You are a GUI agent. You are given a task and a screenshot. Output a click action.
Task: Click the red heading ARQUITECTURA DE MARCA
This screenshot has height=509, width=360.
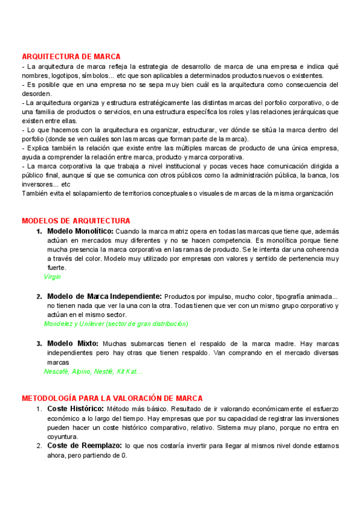coord(71,56)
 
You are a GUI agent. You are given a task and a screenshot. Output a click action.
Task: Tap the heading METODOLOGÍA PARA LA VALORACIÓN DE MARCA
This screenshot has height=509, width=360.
coord(112,398)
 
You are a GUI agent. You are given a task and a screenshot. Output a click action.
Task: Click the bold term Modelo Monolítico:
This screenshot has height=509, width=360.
coord(80,231)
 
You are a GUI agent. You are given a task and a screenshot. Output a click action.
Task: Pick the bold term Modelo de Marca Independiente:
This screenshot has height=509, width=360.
coord(104,297)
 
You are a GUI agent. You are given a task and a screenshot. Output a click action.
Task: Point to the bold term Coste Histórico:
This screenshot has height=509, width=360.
coord(75,409)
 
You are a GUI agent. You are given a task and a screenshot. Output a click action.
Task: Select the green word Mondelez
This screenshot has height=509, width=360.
coord(59,324)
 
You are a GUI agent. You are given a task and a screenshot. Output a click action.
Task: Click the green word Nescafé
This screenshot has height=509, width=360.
coord(56,372)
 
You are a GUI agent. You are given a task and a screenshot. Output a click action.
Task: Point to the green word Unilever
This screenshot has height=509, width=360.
coord(91,324)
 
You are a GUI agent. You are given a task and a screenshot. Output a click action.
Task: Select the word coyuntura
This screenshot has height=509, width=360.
coord(65,436)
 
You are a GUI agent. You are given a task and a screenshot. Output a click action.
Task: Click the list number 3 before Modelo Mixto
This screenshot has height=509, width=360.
coord(38,343)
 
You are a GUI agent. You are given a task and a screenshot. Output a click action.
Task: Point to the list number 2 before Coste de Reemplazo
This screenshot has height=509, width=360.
coord(38,446)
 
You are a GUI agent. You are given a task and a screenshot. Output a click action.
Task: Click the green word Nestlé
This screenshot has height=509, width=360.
coord(103,372)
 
